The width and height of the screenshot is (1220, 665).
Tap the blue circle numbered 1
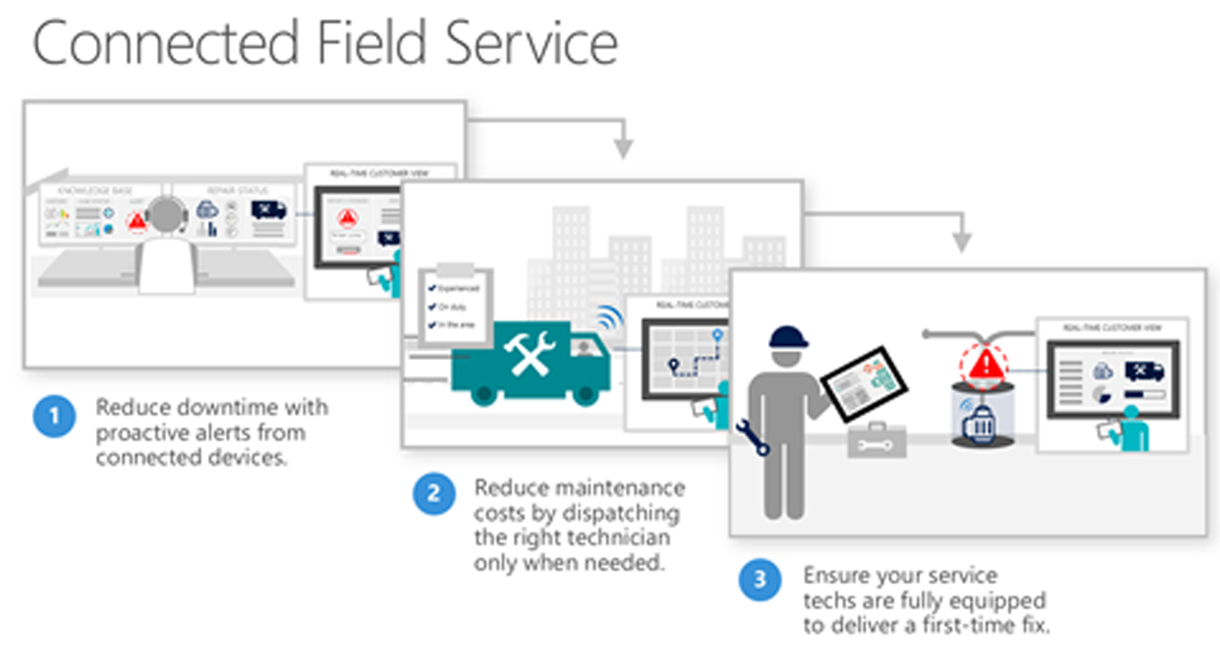pos(54,416)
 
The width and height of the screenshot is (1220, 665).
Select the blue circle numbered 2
pos(434,494)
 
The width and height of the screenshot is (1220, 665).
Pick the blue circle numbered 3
pos(759,580)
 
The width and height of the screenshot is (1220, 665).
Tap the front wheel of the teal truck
pos(585,394)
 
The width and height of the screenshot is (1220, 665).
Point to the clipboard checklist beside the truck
pos(455,305)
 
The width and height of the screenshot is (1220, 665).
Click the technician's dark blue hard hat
pos(788,336)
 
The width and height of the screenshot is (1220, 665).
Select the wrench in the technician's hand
pos(753,437)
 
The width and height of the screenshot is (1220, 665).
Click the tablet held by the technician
pos(864,384)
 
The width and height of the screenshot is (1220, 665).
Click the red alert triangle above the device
pos(984,364)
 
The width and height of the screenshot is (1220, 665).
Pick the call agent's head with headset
pos(166,216)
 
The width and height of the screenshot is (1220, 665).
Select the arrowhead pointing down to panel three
pos(962,242)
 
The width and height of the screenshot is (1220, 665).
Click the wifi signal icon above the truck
pos(609,316)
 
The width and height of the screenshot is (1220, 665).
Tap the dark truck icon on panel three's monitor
pos(1144,371)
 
